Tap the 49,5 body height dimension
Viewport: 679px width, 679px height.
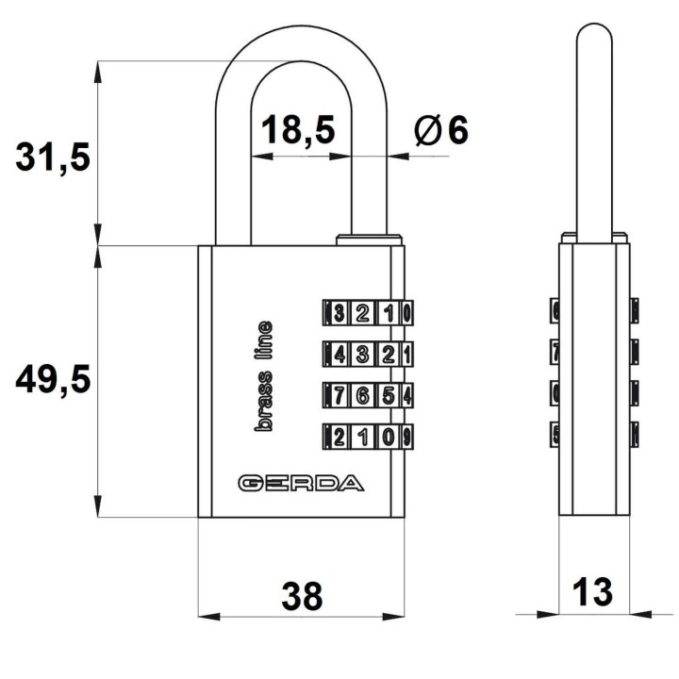[x=53, y=379]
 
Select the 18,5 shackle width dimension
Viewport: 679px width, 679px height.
[x=298, y=129]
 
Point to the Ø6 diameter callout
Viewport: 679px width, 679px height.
[x=441, y=130]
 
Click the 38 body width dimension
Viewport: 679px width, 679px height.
[x=302, y=596]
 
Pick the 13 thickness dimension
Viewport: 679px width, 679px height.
[x=592, y=591]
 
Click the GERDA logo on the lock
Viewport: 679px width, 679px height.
[x=301, y=483]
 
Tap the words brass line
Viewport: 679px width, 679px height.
[x=263, y=376]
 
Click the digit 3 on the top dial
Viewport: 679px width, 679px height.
[x=339, y=313]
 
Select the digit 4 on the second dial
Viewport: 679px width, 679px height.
[x=340, y=355]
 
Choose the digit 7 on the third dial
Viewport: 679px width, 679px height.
[x=339, y=395]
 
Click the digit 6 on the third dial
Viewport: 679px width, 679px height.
[x=363, y=395]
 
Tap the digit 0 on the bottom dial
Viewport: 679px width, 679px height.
[x=389, y=437]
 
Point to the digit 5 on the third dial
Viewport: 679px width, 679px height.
[x=389, y=395]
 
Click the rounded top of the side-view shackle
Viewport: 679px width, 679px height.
[x=594, y=30]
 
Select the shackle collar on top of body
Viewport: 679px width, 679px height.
[x=369, y=240]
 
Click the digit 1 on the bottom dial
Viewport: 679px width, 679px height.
[x=364, y=437]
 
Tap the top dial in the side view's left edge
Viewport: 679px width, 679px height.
[x=555, y=310]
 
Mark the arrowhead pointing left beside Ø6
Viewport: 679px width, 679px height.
[x=398, y=156]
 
